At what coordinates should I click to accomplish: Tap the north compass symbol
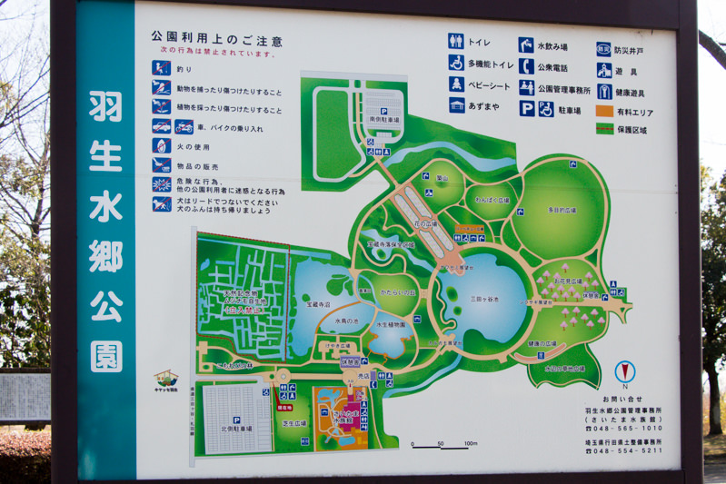click(x=623, y=372)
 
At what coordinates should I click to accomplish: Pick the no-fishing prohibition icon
click(x=162, y=68)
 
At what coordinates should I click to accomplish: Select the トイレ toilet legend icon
click(x=456, y=42)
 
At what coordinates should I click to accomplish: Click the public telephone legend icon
click(x=526, y=66)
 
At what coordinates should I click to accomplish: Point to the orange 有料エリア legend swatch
click(x=604, y=111)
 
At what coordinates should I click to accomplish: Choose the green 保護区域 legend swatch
click(x=604, y=129)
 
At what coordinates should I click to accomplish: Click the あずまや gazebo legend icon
click(x=456, y=106)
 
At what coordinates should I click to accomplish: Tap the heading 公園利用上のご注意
click(x=216, y=41)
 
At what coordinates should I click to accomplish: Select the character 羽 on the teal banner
click(x=105, y=106)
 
